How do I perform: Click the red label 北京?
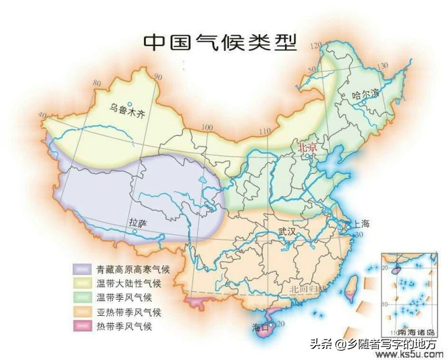pos(307,148)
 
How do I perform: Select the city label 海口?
pos(260,326)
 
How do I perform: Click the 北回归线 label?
pos(308,289)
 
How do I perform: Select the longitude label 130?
pos(382,66)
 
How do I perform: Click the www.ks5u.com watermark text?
pos(408,354)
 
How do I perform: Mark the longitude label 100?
pos(207,127)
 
